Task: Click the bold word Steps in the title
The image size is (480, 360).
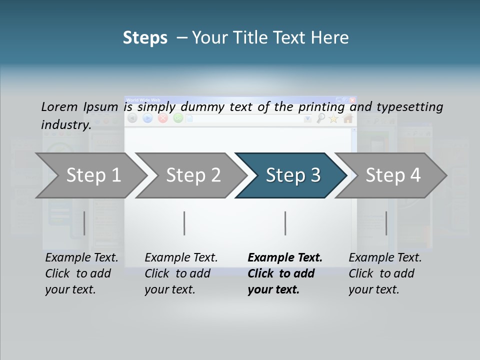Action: click(145, 38)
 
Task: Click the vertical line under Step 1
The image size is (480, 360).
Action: click(84, 223)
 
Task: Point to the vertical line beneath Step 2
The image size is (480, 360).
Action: click(184, 223)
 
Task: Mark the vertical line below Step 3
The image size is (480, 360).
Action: click(285, 223)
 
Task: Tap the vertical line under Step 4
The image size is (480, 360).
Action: click(386, 223)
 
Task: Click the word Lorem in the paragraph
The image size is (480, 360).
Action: click(59, 106)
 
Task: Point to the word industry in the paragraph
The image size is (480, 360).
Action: click(66, 124)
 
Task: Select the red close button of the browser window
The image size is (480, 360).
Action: click(352, 100)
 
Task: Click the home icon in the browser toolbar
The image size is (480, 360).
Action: click(348, 118)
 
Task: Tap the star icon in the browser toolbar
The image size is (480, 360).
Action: click(333, 118)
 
